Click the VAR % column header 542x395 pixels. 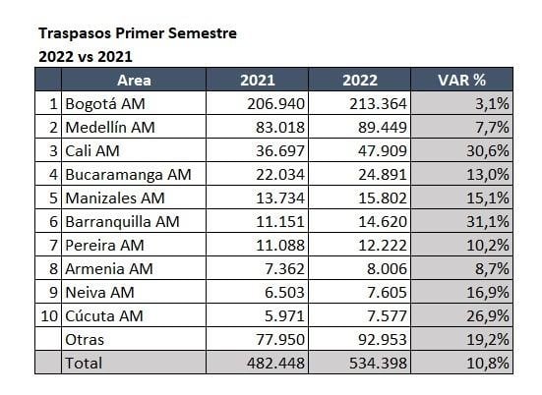[x=461, y=81]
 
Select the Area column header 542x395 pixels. [x=134, y=81]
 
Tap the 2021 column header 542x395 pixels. [x=258, y=81]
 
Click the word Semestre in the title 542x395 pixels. [x=203, y=33]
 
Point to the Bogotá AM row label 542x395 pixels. [x=105, y=104]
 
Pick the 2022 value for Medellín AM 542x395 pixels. [x=383, y=128]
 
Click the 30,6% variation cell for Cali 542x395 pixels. [x=488, y=151]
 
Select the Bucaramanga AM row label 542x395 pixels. [x=128, y=175]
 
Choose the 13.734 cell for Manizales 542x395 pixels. [x=280, y=198]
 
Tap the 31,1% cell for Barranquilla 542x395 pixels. [x=488, y=222]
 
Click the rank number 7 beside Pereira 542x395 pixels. [x=53, y=245]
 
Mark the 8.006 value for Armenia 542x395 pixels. [x=387, y=268]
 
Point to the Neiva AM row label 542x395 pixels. [x=100, y=293]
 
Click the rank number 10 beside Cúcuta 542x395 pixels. [x=49, y=316]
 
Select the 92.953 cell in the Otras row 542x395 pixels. [x=383, y=339]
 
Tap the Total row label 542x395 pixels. [x=84, y=363]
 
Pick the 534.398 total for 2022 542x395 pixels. [x=378, y=363]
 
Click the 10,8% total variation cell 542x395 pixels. [x=488, y=363]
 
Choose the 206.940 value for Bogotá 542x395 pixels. [x=275, y=104]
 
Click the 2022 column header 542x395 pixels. [x=360, y=81]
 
